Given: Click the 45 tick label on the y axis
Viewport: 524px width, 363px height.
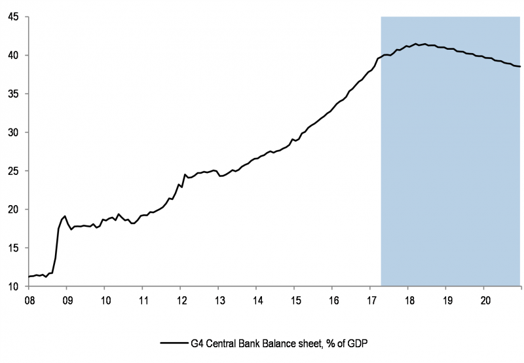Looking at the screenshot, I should pyautogui.click(x=12, y=17).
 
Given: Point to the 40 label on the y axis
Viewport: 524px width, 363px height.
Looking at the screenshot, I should pyautogui.click(x=12, y=56).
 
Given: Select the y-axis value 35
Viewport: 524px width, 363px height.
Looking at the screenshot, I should pyautogui.click(x=12, y=94).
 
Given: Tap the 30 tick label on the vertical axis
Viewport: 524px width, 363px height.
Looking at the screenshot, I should pyautogui.click(x=12, y=132).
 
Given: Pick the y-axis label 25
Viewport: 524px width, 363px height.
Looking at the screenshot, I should pyautogui.click(x=12, y=171).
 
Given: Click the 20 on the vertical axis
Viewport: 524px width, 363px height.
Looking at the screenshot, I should pyautogui.click(x=12, y=210).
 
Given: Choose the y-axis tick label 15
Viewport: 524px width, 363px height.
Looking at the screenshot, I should pyautogui.click(x=12, y=248).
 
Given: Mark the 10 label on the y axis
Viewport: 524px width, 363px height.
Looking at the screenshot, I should pyautogui.click(x=12, y=287).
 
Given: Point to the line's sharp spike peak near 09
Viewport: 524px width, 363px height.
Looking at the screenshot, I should pyautogui.click(x=65, y=216).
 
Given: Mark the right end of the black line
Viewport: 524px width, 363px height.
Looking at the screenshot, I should pyautogui.click(x=520, y=67).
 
